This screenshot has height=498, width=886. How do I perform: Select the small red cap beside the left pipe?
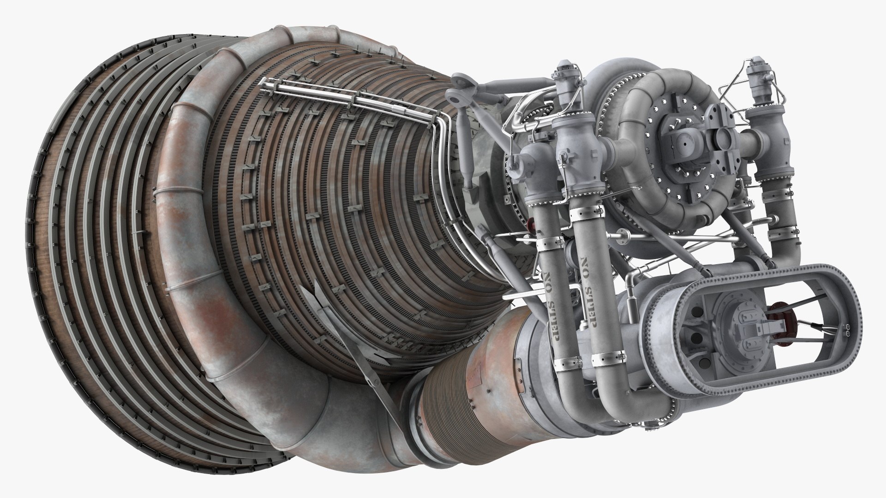529,224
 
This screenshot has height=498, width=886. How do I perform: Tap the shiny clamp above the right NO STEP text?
586,212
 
